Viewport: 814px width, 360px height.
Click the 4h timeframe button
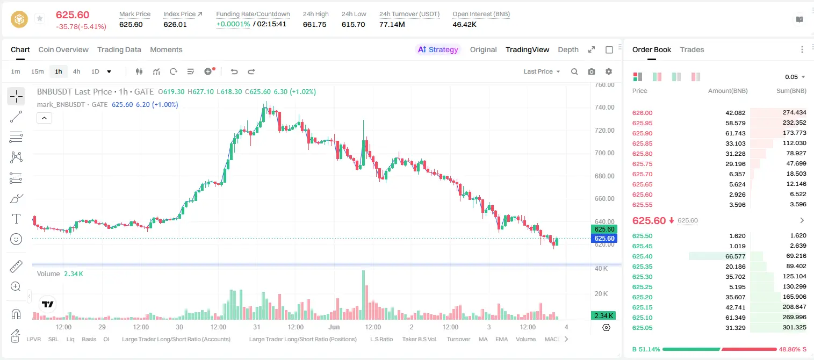[76, 71]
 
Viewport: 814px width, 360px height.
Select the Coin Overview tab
[63, 49]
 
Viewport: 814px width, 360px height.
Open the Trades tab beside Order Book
[692, 49]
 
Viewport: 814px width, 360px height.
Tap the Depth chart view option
[568, 49]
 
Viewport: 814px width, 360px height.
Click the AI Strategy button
[438, 49]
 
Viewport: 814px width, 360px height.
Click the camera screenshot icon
[592, 71]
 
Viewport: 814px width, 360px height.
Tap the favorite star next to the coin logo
[40, 18]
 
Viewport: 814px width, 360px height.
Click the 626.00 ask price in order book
[642, 113]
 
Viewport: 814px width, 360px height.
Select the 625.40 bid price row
[642, 256]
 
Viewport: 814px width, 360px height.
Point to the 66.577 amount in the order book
[735, 256]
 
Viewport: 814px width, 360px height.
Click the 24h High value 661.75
[314, 24]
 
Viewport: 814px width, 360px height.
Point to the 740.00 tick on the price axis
[604, 107]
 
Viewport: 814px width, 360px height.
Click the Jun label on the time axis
[334, 327]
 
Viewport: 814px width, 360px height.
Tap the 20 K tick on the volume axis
[601, 293]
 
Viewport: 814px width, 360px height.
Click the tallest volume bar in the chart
[363, 295]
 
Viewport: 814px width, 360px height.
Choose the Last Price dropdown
[542, 71]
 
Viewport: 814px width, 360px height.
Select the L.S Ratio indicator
[381, 339]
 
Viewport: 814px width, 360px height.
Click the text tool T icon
[16, 219]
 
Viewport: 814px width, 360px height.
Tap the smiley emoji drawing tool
[16, 239]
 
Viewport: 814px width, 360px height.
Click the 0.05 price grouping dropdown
[795, 77]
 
